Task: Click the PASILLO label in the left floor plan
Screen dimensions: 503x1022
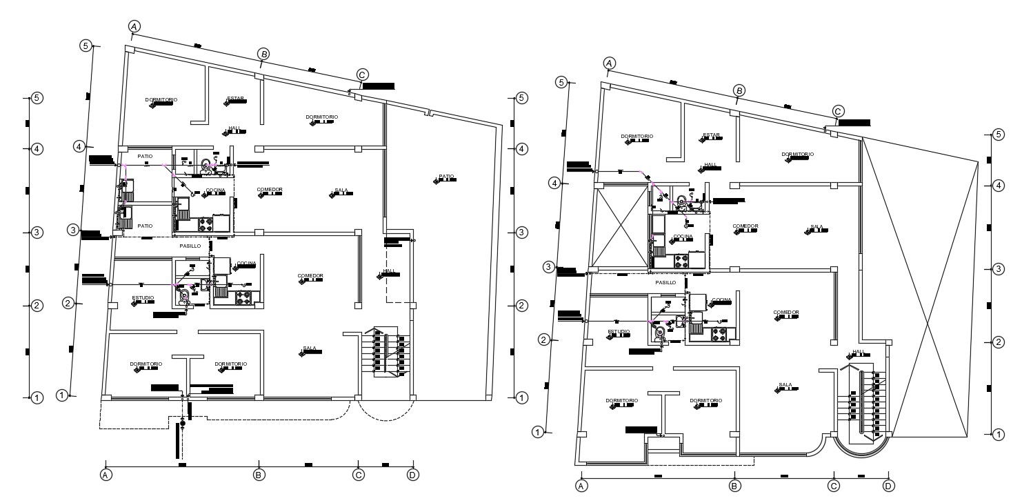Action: [190, 246]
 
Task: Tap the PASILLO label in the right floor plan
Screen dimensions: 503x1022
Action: [665, 282]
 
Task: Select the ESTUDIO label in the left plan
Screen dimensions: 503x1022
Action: [143, 298]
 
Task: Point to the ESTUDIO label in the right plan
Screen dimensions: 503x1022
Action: [619, 331]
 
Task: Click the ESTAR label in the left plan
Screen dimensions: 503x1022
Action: [236, 98]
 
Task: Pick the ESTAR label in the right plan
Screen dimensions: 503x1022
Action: [711, 135]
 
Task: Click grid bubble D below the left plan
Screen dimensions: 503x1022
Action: [412, 475]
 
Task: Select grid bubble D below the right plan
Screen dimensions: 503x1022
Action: [888, 486]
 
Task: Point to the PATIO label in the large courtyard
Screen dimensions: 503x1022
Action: [447, 177]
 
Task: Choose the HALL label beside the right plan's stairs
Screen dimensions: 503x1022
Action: [858, 352]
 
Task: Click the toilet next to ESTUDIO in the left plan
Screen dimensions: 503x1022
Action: [184, 295]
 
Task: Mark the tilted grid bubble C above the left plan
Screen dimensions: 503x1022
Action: [362, 75]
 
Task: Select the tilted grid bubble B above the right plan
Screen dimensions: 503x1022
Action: [739, 90]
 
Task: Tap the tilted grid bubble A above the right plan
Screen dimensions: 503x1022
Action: [609, 63]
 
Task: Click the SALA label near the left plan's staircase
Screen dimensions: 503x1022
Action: [310, 348]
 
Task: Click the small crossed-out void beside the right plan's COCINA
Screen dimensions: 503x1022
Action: [621, 227]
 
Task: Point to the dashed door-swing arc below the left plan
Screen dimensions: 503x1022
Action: [387, 413]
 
